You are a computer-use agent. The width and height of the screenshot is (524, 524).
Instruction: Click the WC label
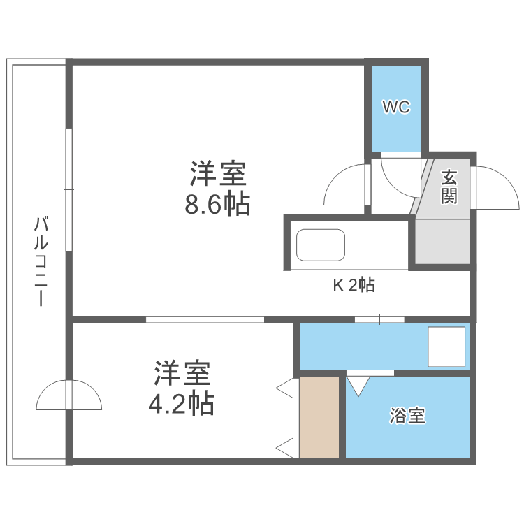click(x=395, y=108)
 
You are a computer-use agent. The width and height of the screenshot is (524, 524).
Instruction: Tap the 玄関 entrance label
click(x=449, y=186)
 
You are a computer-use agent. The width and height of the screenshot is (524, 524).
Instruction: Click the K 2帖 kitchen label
click(x=353, y=285)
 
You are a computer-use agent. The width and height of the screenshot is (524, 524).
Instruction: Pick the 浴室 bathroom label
click(x=408, y=416)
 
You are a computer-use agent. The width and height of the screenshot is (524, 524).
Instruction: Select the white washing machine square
click(x=446, y=347)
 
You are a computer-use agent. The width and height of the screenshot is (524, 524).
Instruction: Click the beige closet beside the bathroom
click(x=319, y=417)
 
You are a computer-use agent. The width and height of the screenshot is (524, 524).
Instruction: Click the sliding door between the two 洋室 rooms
click(x=205, y=320)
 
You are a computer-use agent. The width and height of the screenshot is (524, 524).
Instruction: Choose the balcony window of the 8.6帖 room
click(x=68, y=189)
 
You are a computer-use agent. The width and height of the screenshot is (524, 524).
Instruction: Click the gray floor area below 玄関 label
click(x=442, y=241)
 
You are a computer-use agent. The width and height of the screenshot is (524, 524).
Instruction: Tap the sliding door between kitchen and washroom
click(x=379, y=320)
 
